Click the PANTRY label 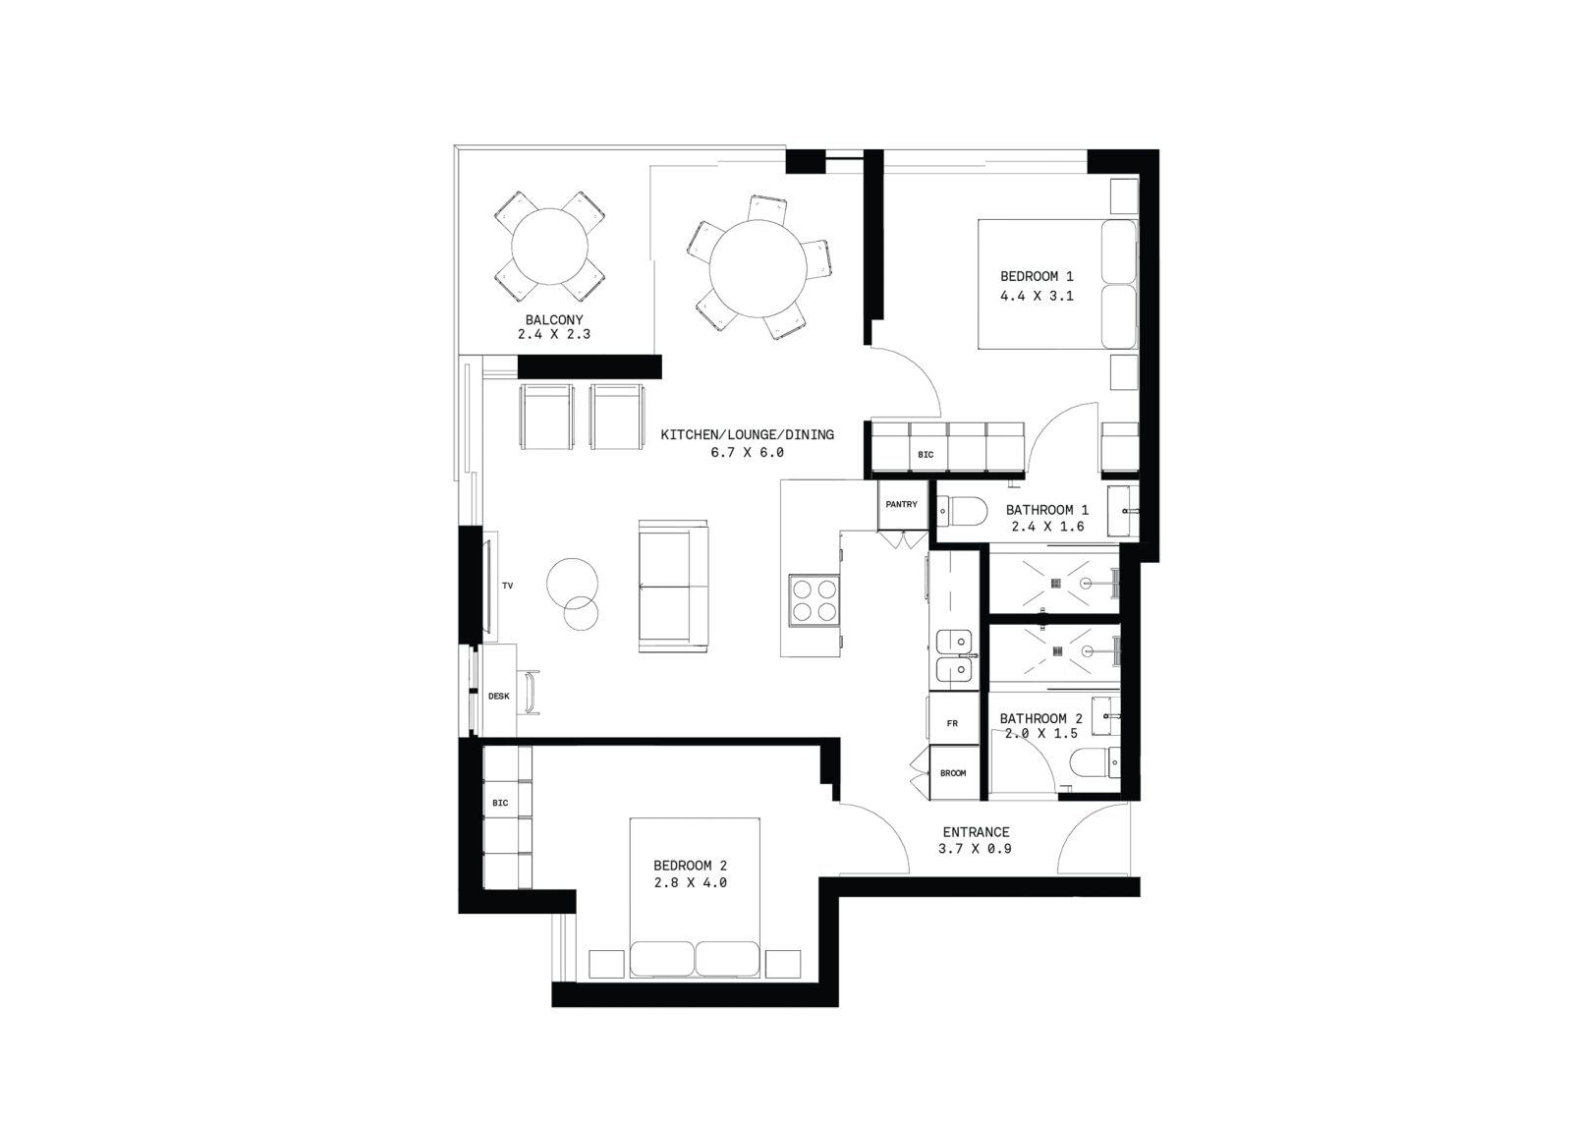(x=901, y=504)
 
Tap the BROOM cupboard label (x=953, y=773)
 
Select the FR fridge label (x=952, y=723)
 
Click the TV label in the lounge (x=507, y=586)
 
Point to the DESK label (x=499, y=696)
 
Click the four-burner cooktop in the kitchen (x=814, y=600)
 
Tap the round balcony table (x=549, y=247)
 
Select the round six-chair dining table (x=758, y=270)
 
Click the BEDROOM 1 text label (x=1037, y=276)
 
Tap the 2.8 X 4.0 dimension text (x=691, y=882)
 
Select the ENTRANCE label (x=977, y=832)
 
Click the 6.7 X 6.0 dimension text (x=748, y=453)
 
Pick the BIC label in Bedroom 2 (x=500, y=803)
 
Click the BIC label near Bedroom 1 (x=926, y=455)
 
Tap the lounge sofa (x=673, y=587)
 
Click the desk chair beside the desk (x=531, y=693)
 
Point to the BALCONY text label (x=554, y=320)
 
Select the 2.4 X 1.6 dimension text (x=1047, y=527)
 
